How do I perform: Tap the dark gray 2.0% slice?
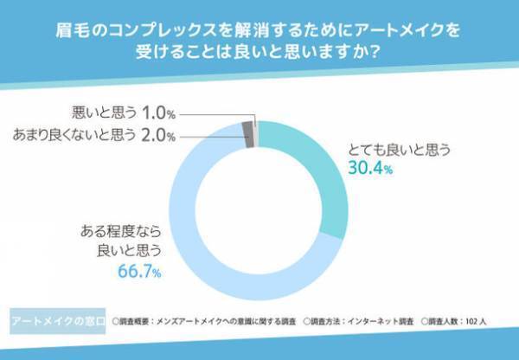point(248,134)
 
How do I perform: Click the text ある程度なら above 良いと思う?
point(122,233)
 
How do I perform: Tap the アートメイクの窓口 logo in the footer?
point(58,320)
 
